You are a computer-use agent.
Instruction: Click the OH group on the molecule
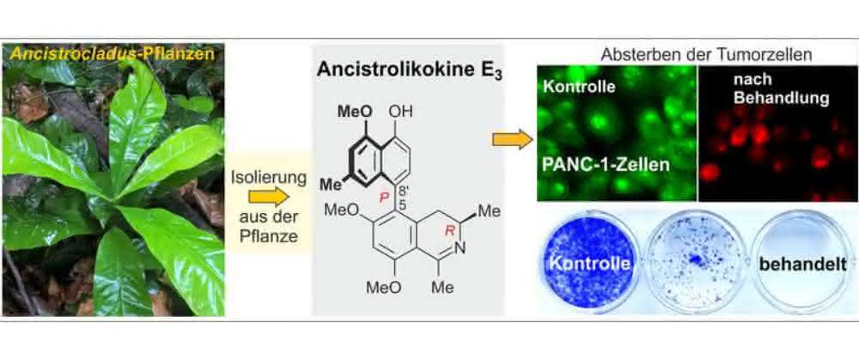400,111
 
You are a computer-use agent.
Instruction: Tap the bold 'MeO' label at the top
355,111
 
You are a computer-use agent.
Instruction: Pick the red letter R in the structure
450,230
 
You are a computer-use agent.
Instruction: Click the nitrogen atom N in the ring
460,248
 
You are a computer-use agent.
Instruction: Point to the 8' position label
401,192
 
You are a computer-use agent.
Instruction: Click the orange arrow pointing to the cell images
513,140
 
